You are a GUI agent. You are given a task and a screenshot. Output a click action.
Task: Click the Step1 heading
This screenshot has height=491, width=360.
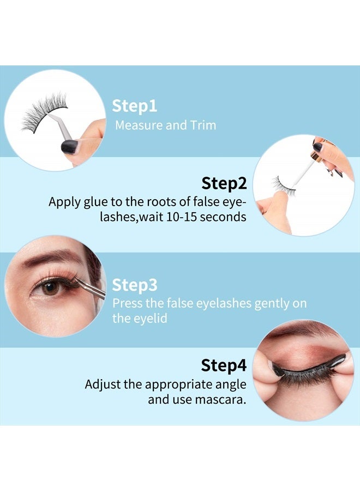tap(134, 106)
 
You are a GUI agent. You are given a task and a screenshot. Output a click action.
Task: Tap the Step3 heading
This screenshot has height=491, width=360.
tap(135, 285)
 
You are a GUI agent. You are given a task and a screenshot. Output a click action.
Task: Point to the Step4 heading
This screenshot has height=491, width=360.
tap(224, 364)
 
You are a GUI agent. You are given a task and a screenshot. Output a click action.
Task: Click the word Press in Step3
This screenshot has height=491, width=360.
tap(127, 304)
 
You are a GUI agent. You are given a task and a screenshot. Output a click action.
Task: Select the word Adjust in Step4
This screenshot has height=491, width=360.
tap(102, 384)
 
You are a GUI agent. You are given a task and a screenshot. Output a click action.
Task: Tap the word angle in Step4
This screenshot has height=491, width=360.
tap(229, 384)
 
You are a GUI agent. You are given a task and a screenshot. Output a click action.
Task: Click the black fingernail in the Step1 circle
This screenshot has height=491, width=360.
tap(69, 146)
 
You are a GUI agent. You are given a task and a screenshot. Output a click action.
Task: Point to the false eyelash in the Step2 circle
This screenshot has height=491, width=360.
tap(283, 184)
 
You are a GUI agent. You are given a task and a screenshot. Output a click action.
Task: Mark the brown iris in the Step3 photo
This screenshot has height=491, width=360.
tap(51, 287)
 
